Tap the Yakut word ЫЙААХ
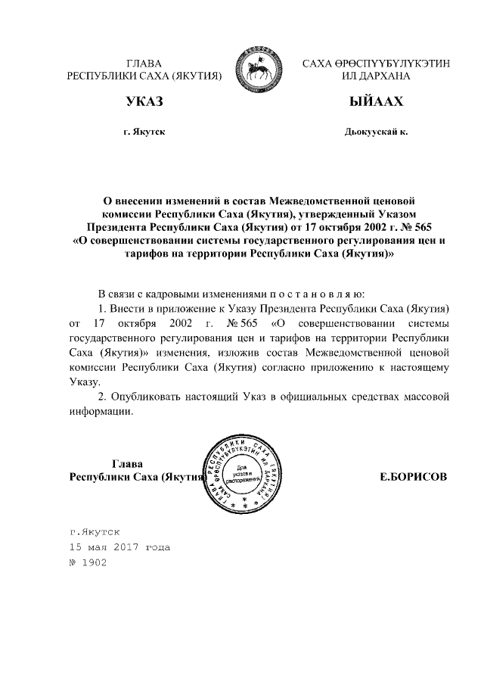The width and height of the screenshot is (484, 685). pos(376,102)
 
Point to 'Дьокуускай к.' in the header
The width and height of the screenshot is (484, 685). pos(376,132)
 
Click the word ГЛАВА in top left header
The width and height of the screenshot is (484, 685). pos(144,63)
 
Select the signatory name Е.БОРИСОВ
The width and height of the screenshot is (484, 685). pos(413,478)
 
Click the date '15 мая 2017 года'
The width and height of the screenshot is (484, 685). pos(119,546)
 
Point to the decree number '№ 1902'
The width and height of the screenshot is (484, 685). pos(88,562)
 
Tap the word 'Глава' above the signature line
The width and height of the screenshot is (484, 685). pos(127,463)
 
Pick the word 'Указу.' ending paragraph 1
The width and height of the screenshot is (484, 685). pos(85,382)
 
